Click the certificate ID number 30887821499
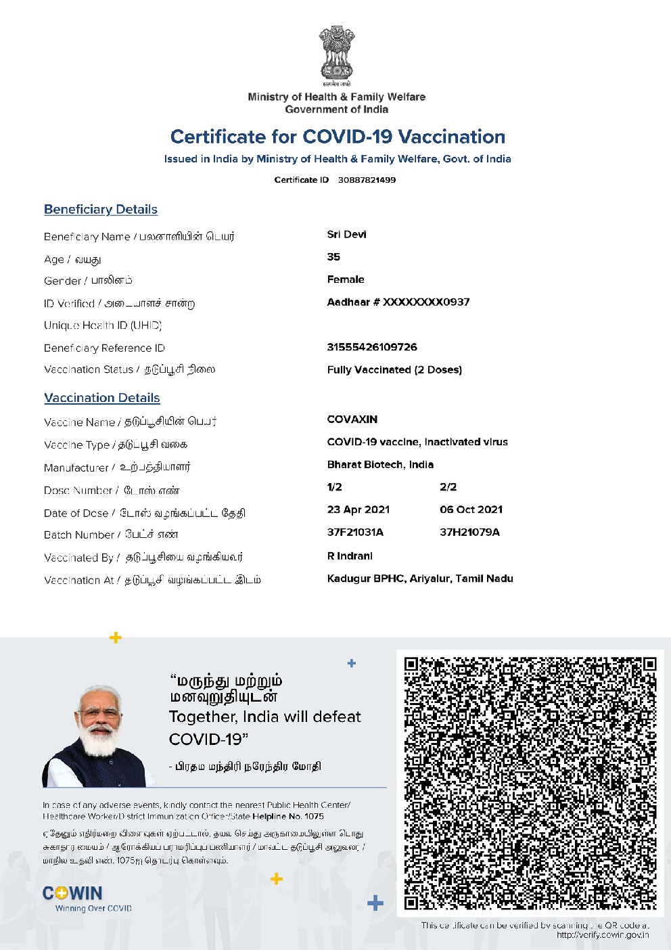tap(367, 180)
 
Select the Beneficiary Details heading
tap(101, 210)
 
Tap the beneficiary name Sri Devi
tap(346, 235)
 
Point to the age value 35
tap(333, 257)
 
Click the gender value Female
tap(346, 279)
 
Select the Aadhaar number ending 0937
tap(398, 302)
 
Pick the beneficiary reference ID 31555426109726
tap(372, 347)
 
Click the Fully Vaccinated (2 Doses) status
tap(394, 370)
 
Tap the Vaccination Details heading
tap(102, 398)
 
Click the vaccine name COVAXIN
tap(352, 420)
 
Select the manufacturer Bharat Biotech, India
tap(380, 465)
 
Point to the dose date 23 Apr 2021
tap(358, 510)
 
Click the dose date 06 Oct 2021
tap(471, 510)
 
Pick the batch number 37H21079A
tap(470, 533)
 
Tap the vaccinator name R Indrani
tap(350, 556)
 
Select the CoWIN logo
tap(73, 894)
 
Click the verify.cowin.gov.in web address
tap(603, 935)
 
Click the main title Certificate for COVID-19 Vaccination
tap(338, 137)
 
